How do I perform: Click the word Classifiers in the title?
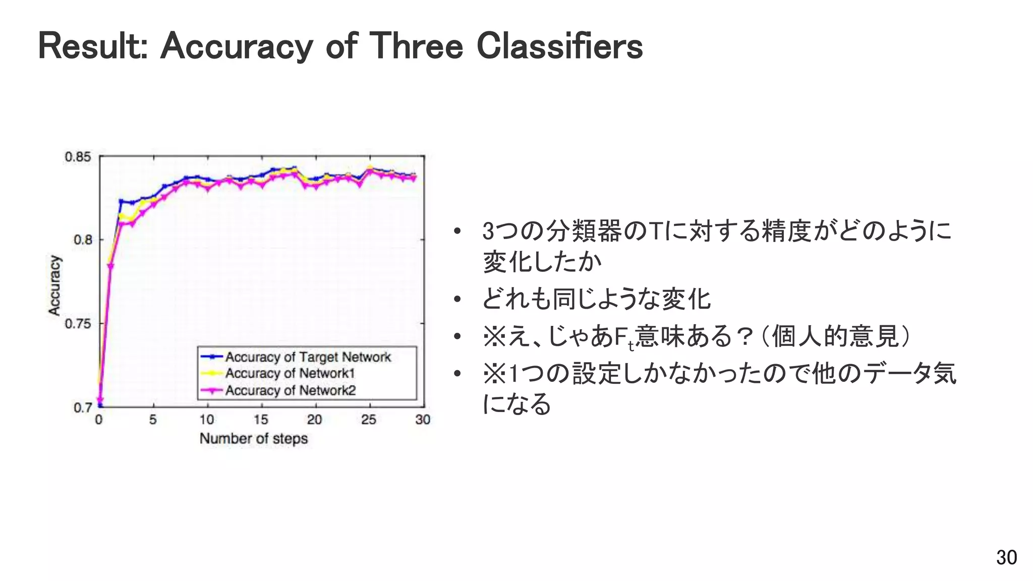point(559,46)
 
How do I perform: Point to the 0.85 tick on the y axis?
point(78,157)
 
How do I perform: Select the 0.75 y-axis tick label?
point(78,323)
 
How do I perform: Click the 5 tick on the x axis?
point(153,420)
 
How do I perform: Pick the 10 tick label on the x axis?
point(207,420)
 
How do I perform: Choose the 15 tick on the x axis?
point(261,420)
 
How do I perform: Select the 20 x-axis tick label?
point(315,420)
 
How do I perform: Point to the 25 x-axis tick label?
point(369,420)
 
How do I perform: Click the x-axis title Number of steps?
point(254,439)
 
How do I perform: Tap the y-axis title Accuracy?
point(54,285)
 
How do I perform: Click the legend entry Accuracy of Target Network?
point(308,357)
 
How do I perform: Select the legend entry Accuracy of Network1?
point(290,374)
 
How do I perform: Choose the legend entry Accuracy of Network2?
point(290,390)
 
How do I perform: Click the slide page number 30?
point(1006,558)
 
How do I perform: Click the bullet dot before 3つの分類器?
point(457,232)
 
